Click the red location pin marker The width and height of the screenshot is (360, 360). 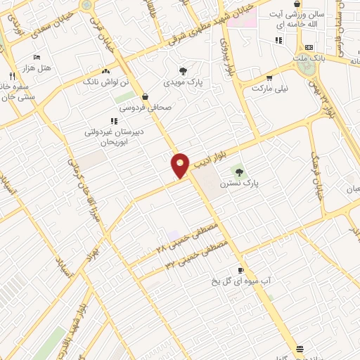181,165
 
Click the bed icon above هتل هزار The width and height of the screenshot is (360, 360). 37,56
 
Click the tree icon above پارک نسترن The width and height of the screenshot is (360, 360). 239,172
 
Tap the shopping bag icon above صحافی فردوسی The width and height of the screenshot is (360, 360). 145,97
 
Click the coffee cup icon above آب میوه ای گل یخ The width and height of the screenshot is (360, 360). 241,271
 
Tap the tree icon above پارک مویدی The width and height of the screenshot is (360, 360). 184,71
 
